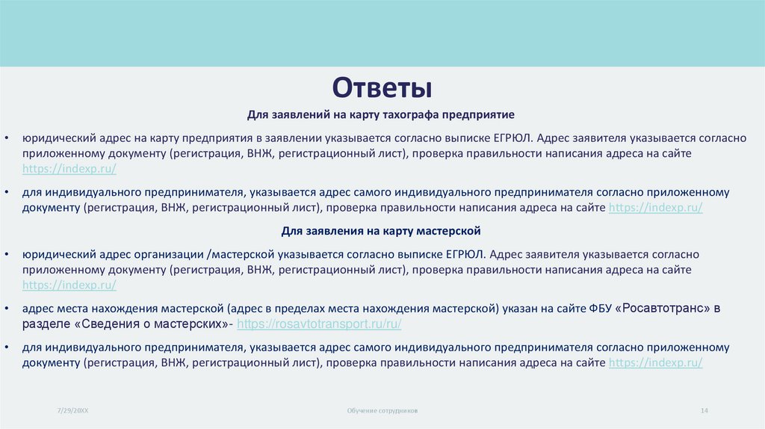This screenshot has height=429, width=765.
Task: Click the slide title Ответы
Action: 382,88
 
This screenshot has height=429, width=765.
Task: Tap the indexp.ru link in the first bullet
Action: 69,169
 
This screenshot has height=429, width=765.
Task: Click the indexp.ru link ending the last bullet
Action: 656,362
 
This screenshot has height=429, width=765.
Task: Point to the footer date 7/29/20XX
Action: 72,411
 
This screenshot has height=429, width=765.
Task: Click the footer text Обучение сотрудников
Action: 382,411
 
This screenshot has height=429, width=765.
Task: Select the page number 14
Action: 704,411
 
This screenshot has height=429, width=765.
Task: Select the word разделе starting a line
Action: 46,324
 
